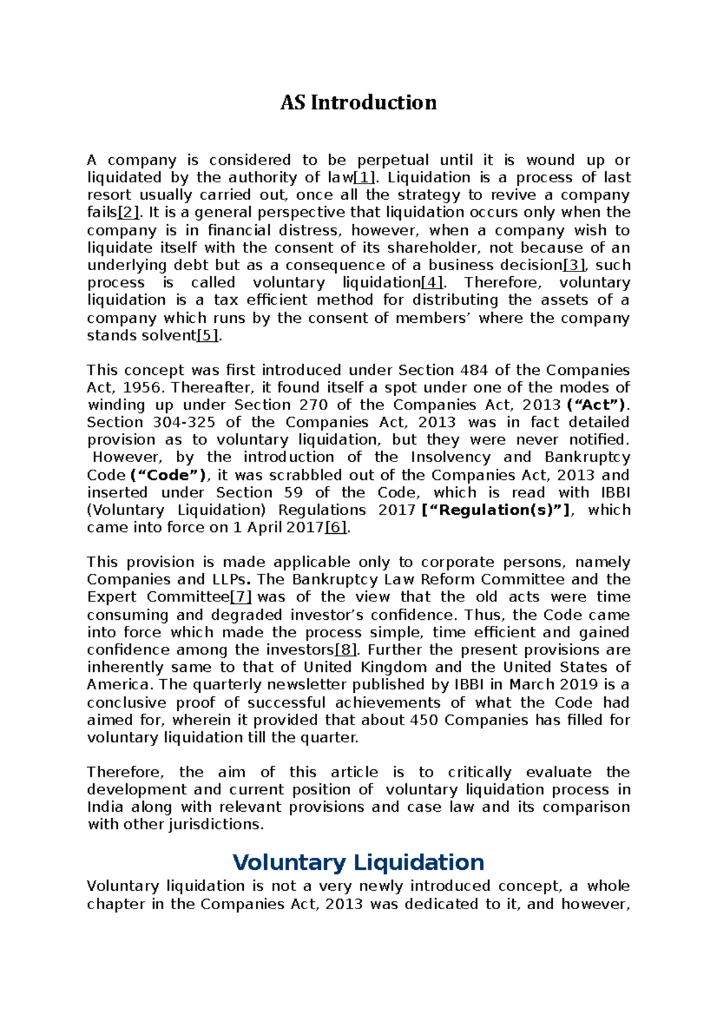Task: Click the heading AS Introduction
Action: tap(358, 103)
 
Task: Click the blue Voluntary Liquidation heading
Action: tap(358, 863)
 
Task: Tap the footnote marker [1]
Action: tap(365, 178)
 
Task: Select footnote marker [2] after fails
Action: tap(128, 213)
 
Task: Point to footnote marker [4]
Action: tap(433, 283)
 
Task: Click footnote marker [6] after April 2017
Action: tap(336, 528)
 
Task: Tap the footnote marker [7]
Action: tap(241, 597)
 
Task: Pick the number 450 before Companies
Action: tap(425, 720)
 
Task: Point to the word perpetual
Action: tap(393, 160)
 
